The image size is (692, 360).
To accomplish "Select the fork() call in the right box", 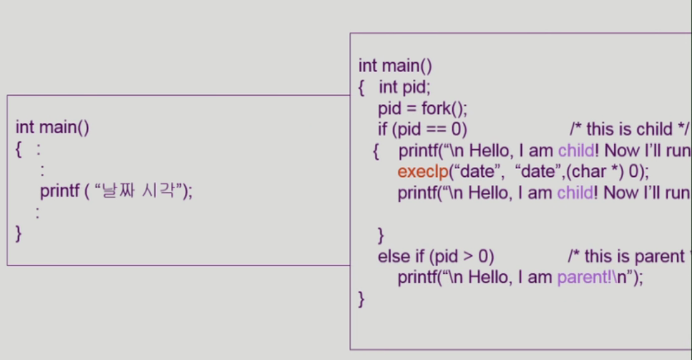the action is tap(444, 109).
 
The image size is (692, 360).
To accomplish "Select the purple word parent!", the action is tap(584, 278).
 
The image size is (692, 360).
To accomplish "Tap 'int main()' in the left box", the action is tap(53, 128).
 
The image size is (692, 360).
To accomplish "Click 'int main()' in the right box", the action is tap(395, 66).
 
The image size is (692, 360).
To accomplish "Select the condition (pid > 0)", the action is tap(462, 256).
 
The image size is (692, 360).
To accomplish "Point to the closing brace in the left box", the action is tap(18, 233).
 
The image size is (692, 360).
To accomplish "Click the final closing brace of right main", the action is tap(361, 299).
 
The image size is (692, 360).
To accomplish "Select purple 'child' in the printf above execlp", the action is tap(576, 151).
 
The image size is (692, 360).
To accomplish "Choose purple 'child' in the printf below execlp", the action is tap(576, 193).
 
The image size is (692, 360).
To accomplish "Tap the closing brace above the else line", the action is tap(381, 234).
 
